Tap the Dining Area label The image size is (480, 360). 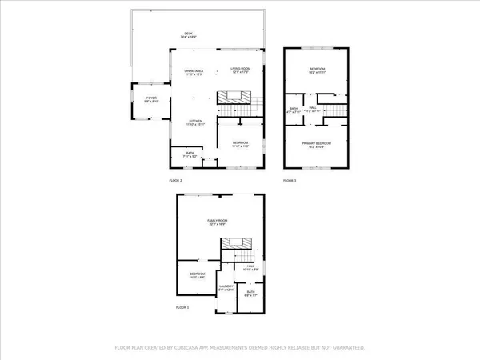(193, 73)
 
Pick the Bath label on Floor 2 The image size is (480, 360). (190, 155)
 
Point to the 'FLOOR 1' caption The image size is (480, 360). (183, 307)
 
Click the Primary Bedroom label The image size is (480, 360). (317, 144)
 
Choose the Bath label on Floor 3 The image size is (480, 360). (294, 111)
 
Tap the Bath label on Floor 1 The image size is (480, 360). (250, 293)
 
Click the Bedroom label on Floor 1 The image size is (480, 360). (197, 274)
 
